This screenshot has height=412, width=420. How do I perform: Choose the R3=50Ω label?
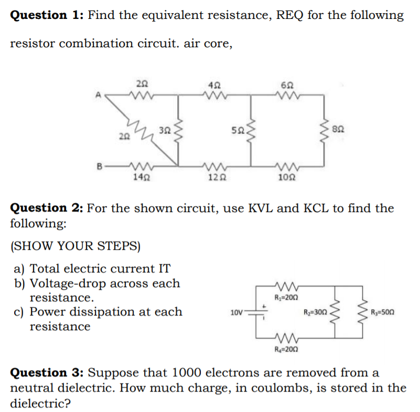(x=382, y=313)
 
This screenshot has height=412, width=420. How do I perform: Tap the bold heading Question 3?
(x=47, y=373)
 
